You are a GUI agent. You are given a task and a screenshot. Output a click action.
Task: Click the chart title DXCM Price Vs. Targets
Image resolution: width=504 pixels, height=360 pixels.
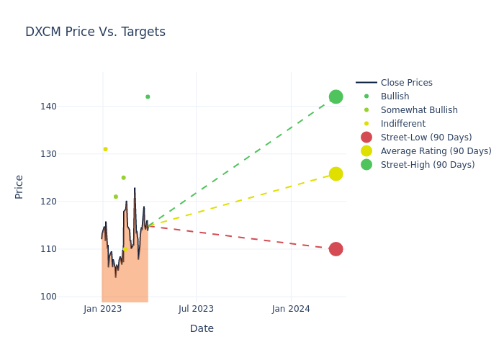click(x=95, y=32)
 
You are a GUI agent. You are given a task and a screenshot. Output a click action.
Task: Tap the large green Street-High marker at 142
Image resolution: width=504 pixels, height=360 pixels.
click(x=336, y=96)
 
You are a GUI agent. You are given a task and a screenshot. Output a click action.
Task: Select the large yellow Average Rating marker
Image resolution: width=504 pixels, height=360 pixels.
click(x=336, y=174)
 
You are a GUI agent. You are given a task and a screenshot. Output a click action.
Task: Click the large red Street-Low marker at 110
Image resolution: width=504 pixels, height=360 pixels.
click(x=336, y=249)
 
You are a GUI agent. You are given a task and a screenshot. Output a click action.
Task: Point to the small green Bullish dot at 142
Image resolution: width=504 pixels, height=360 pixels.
click(x=148, y=96)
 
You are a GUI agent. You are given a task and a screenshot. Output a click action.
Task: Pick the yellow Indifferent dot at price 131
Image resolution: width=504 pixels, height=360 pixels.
click(x=105, y=149)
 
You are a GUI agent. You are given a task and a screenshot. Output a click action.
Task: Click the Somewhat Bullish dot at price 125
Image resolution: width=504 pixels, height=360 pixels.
click(x=123, y=178)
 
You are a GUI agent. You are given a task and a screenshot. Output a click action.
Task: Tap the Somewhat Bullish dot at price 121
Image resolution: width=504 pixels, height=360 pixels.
click(x=115, y=197)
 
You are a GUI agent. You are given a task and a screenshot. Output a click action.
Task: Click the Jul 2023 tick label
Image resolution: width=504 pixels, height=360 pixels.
click(x=197, y=309)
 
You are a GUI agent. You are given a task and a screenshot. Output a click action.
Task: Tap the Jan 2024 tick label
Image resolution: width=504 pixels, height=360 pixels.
click(x=291, y=309)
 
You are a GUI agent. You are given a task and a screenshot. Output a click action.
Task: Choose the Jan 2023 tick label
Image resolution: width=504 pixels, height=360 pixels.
click(x=102, y=309)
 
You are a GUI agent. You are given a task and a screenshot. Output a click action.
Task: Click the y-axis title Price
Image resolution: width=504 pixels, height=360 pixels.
click(x=19, y=186)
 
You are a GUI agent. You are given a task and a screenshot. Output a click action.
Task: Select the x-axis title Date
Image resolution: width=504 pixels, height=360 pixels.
click(x=202, y=329)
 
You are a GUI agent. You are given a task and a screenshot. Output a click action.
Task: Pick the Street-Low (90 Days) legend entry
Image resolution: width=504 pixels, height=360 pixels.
click(x=426, y=138)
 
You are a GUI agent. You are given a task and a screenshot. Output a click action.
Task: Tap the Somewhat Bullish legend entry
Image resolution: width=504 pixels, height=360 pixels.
click(x=418, y=110)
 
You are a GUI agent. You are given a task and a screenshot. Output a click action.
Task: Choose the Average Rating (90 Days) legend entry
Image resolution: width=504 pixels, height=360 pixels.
click(x=436, y=151)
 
